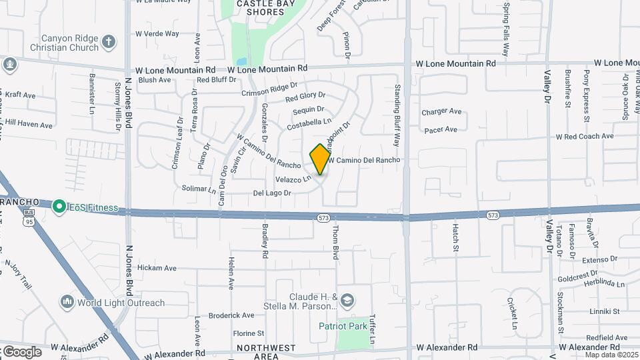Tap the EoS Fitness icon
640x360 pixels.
click(59, 207)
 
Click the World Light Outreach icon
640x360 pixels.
click(67, 303)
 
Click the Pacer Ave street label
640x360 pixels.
click(441, 129)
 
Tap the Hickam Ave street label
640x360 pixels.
click(157, 268)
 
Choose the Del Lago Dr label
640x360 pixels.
click(272, 193)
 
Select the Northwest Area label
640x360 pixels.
click(265, 352)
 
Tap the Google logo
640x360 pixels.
click(22, 351)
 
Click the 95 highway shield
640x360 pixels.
click(28, 221)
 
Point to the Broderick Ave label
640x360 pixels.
click(231, 315)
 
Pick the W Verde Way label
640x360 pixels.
click(157, 33)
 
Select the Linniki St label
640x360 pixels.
click(605, 311)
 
